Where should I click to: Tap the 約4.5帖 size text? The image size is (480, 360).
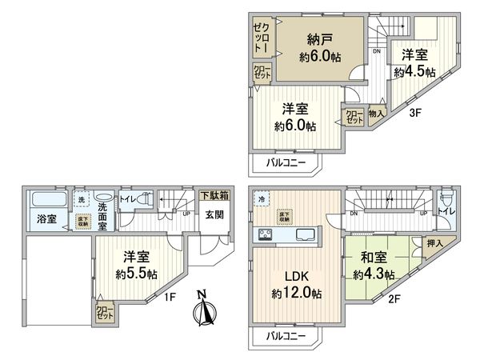pyautogui.click(x=414, y=71)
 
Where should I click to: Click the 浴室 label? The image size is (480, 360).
pyautogui.click(x=45, y=218)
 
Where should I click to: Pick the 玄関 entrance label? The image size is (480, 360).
pyautogui.click(x=214, y=214)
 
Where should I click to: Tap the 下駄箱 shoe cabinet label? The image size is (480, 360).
pyautogui.click(x=214, y=194)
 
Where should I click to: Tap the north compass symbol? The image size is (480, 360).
pyautogui.click(x=203, y=308)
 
